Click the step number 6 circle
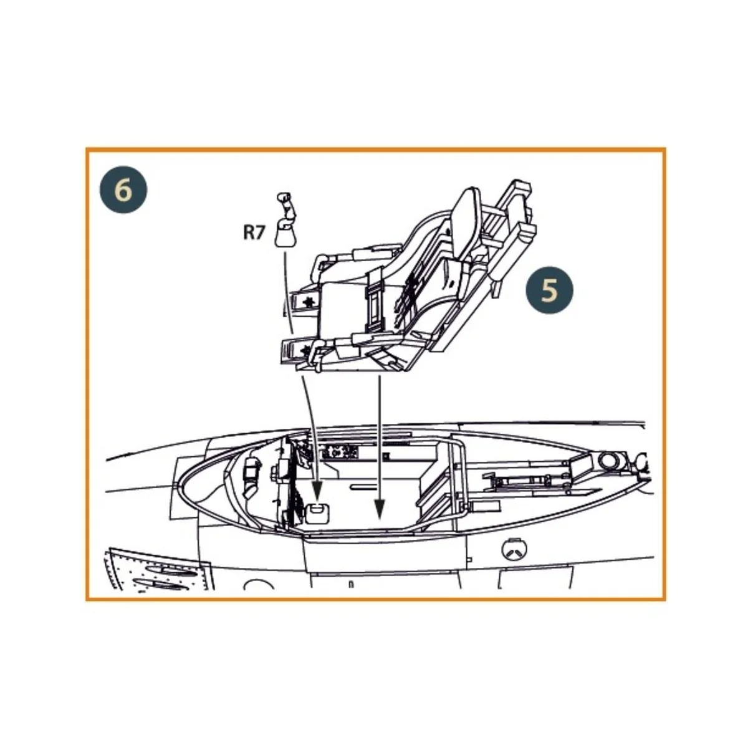coord(123,189)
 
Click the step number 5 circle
coord(549,290)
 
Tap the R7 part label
coord(254,233)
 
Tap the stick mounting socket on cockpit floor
coord(318,511)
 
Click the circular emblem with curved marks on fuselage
coord(515,549)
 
